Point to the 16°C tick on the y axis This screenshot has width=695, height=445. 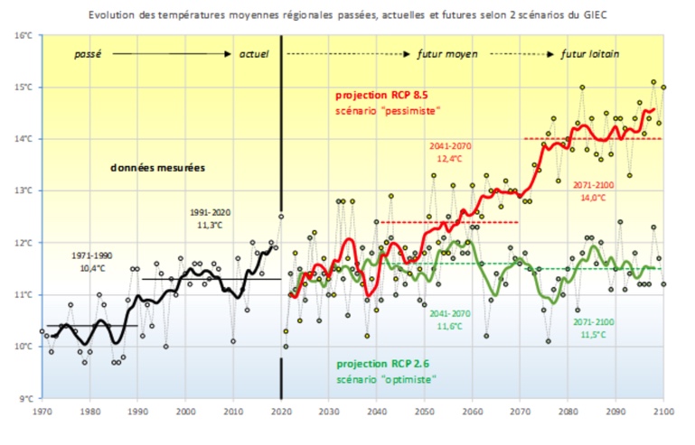point(23,35)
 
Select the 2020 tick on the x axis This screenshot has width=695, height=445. point(282,412)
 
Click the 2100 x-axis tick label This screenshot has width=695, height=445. point(664,412)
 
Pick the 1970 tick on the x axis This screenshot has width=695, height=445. point(42,412)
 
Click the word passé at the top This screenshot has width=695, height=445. point(87,54)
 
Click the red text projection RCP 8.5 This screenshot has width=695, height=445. point(380,95)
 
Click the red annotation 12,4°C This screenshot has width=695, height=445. point(446,158)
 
